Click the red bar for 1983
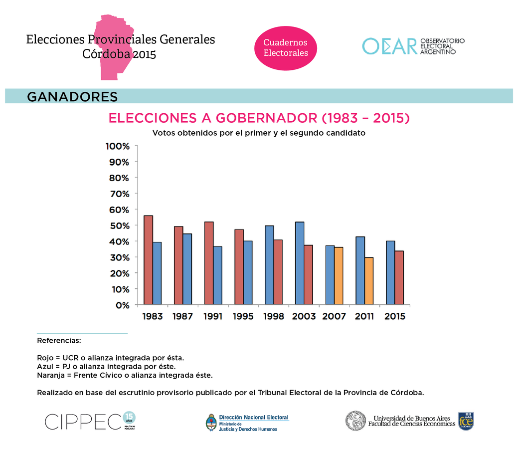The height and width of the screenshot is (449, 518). click(148, 260)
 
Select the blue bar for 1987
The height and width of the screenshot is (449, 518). click(187, 269)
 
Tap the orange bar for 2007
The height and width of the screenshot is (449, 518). click(339, 276)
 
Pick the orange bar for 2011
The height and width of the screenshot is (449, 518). click(369, 281)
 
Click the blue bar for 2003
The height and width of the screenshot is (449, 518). click(300, 263)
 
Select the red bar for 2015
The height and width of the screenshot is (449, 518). click(399, 277)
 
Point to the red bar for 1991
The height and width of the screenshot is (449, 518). click(209, 263)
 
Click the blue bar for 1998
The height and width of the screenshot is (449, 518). click(269, 265)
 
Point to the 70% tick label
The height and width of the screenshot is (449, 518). click(117, 194)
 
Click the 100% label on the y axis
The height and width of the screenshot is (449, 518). click(117, 146)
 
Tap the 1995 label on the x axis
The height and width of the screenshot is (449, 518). click(243, 317)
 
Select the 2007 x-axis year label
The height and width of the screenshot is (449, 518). click(334, 317)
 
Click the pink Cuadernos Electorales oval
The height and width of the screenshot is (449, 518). click(286, 48)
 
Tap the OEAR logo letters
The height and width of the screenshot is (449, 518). click(389, 46)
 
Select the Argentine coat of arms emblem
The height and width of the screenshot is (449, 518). click(211, 422)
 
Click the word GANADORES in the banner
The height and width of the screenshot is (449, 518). click(72, 96)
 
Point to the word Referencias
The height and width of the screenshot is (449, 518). click(59, 341)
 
